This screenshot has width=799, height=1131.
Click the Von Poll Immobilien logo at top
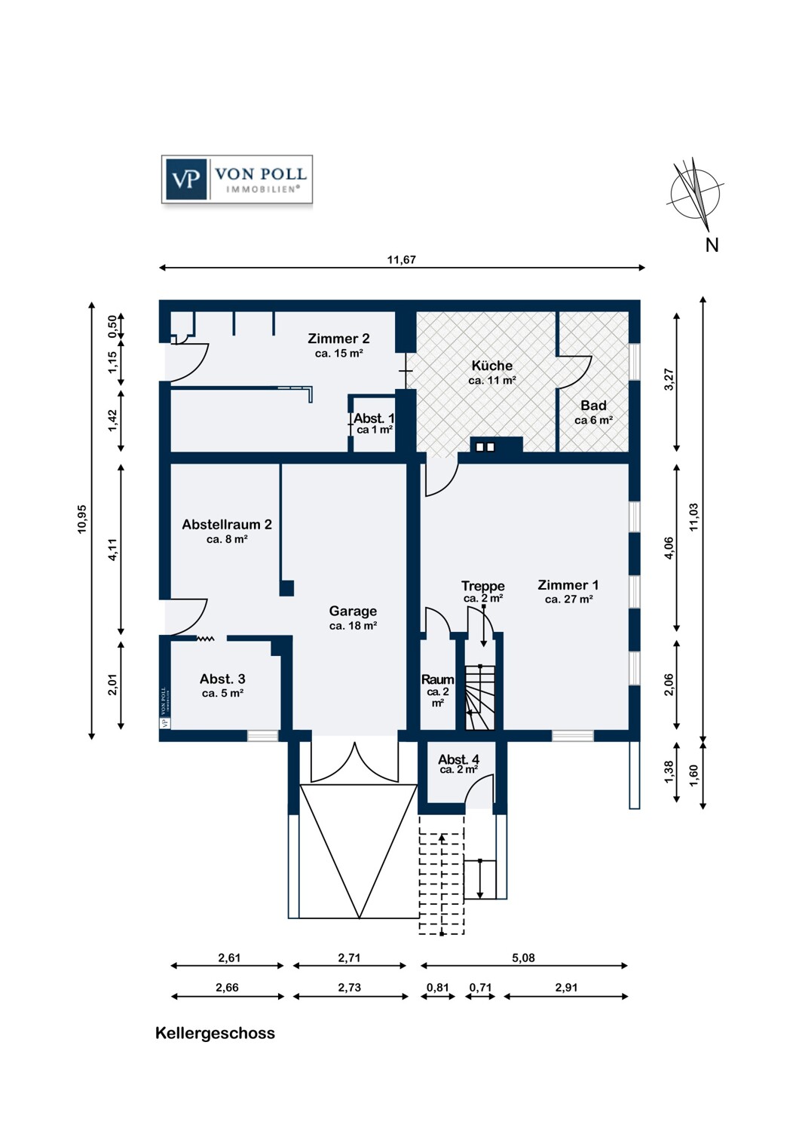click(x=237, y=179)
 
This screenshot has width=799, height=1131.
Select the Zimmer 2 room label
click(x=338, y=339)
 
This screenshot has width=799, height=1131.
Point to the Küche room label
click(x=491, y=366)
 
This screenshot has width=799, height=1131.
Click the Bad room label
click(x=593, y=406)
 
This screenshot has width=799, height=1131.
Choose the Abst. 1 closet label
click(x=374, y=418)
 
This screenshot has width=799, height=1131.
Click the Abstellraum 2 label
click(x=227, y=525)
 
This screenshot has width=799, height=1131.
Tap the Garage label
click(x=353, y=611)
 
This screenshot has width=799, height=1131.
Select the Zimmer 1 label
click(x=568, y=585)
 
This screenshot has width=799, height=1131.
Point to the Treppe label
click(x=482, y=586)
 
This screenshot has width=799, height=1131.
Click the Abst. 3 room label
click(x=222, y=679)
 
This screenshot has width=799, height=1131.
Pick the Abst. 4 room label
click(x=458, y=759)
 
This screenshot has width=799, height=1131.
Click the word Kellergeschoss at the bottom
click(x=215, y=1034)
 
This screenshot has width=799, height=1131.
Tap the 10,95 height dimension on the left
click(x=82, y=519)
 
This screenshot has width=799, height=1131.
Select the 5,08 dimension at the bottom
click(x=523, y=958)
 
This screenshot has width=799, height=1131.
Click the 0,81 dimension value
click(x=438, y=987)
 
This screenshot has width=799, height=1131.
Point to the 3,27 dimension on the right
click(x=669, y=380)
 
